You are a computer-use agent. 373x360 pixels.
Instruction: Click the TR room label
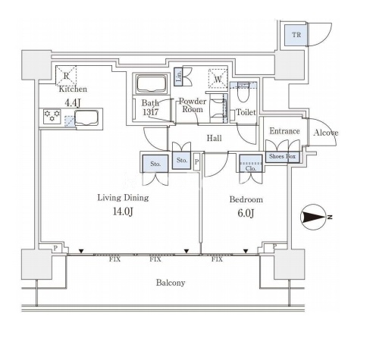point(296,35)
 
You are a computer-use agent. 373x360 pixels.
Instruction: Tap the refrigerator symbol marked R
point(66,75)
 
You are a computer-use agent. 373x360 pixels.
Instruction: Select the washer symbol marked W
point(218,79)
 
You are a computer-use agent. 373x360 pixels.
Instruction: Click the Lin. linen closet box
point(178,77)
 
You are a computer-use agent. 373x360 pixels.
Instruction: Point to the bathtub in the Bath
point(152,84)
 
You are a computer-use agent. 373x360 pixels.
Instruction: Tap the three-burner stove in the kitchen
point(52,116)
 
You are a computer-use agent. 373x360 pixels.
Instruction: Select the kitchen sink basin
point(86,117)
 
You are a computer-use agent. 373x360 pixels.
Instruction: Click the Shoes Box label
point(282,156)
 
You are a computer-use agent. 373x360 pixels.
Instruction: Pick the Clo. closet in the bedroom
point(251,163)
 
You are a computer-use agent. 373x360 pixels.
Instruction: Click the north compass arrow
point(314,217)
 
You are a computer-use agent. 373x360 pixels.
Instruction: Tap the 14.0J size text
point(123,211)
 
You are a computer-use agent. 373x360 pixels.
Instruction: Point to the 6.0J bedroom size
point(246,213)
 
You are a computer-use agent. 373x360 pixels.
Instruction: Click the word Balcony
point(171,283)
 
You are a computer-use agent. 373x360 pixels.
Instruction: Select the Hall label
point(214,138)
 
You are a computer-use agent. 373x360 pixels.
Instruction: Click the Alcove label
point(325,133)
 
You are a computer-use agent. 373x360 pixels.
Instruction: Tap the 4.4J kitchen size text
point(73,102)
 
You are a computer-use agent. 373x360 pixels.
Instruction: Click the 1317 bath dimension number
point(151,111)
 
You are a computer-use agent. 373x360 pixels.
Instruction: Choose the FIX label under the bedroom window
point(217,259)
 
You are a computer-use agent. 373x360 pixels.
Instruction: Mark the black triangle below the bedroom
point(246,251)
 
